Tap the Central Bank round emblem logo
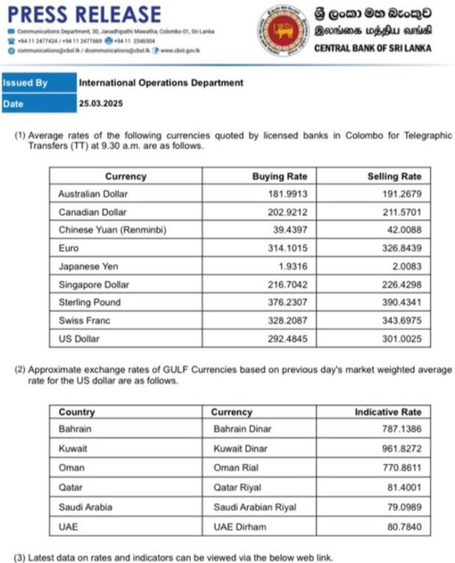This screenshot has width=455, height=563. (x=283, y=29)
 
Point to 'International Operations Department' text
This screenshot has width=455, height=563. (x=161, y=83)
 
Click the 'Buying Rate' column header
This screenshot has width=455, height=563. (x=279, y=176)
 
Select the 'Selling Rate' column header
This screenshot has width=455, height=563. (x=394, y=176)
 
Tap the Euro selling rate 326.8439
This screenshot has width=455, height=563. (x=400, y=248)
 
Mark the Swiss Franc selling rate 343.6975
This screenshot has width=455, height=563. (x=400, y=320)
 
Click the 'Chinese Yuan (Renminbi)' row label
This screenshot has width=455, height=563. (x=113, y=229)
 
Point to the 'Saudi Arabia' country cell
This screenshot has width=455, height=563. (x=85, y=507)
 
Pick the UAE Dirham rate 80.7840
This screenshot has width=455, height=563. (x=402, y=527)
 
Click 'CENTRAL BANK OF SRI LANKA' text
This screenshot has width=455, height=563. (x=372, y=48)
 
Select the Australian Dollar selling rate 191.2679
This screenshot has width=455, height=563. (x=400, y=194)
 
